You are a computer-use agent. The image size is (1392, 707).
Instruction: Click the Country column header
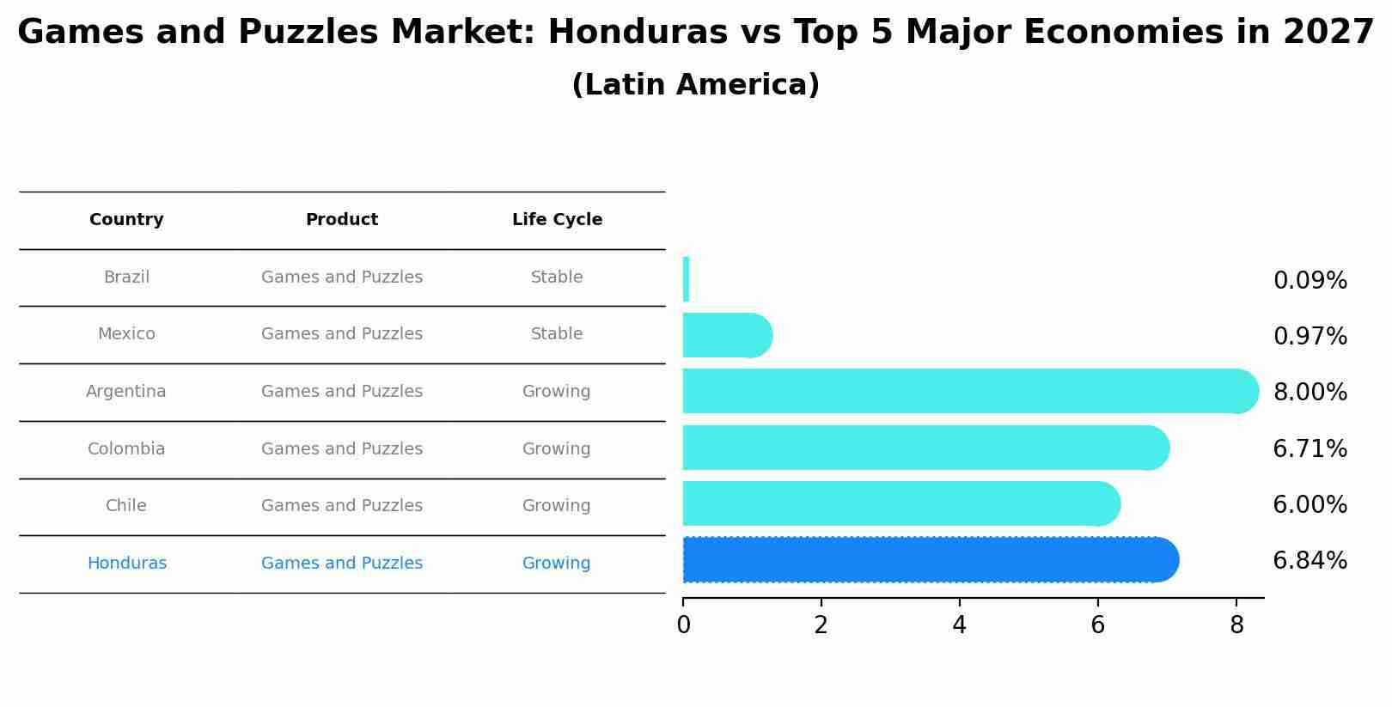click(126, 220)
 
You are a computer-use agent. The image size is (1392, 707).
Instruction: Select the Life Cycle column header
click(557, 220)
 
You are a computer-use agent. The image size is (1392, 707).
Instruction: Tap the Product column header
click(342, 220)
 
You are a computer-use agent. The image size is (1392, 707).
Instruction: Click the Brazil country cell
click(126, 277)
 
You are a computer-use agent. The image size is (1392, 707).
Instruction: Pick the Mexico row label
click(126, 334)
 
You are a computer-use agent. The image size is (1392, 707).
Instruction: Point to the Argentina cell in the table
click(126, 392)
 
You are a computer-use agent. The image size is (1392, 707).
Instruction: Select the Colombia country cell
click(126, 449)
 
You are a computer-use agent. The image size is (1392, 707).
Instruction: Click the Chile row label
click(126, 506)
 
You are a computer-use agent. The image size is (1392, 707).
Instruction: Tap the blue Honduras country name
click(127, 564)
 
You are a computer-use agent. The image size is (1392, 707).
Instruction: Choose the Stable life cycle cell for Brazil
click(557, 277)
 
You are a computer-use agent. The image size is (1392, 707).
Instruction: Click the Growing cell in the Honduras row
click(557, 564)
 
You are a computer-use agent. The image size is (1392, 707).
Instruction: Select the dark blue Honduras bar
click(928, 560)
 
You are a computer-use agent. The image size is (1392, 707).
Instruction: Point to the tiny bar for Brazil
click(686, 279)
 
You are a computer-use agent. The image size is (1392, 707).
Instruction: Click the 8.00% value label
click(1310, 393)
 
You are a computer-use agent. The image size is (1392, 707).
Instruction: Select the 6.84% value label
click(1310, 561)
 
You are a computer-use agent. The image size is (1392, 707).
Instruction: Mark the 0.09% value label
click(1310, 281)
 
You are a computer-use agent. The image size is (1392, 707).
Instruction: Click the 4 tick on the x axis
click(960, 625)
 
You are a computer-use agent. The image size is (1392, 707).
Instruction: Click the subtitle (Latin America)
click(695, 85)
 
